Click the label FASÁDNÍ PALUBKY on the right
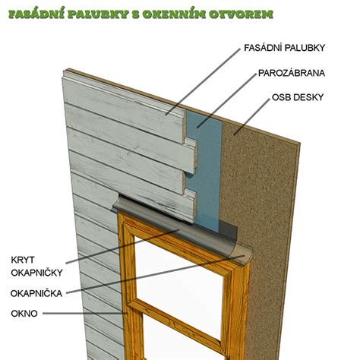point(284,48)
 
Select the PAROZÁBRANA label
point(292,73)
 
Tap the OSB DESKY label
point(298,97)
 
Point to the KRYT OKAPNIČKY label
point(36,267)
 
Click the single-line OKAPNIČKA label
point(36,293)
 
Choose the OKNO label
point(24,314)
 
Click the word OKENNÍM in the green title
point(174,14)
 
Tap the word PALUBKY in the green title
point(98,14)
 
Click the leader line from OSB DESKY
point(251,117)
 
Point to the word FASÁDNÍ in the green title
point(36,14)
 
